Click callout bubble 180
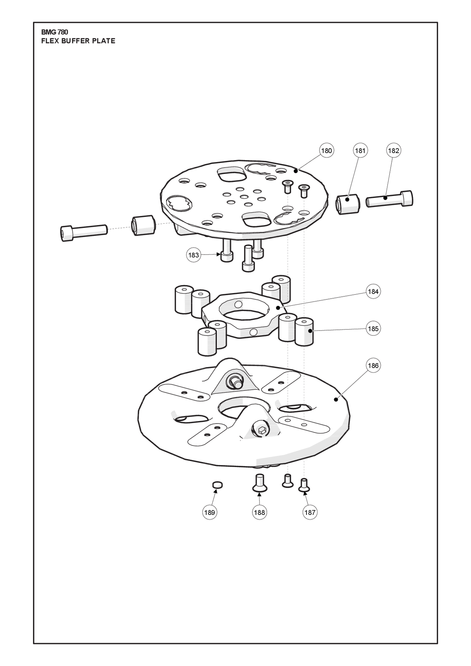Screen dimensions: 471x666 coord(327,151)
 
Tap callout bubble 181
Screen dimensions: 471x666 coord(360,151)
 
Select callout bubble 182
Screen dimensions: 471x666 coord(393,151)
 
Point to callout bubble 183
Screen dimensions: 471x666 coord(194,255)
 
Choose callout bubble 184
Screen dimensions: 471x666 coord(373,292)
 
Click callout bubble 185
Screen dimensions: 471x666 coord(373,328)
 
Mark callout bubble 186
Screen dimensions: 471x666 coord(373,365)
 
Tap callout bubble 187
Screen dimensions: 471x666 coord(310,512)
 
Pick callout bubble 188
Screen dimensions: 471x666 coord(259,512)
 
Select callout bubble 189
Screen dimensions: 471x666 coord(209,512)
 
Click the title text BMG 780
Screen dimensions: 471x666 coord(55,32)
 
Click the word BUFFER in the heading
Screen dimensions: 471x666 coord(76,41)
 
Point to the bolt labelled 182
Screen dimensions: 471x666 coord(389,199)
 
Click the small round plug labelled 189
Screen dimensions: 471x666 coord(217,485)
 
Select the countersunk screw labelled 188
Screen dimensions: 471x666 coord(260,484)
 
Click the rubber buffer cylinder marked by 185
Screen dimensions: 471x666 coord(304,332)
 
